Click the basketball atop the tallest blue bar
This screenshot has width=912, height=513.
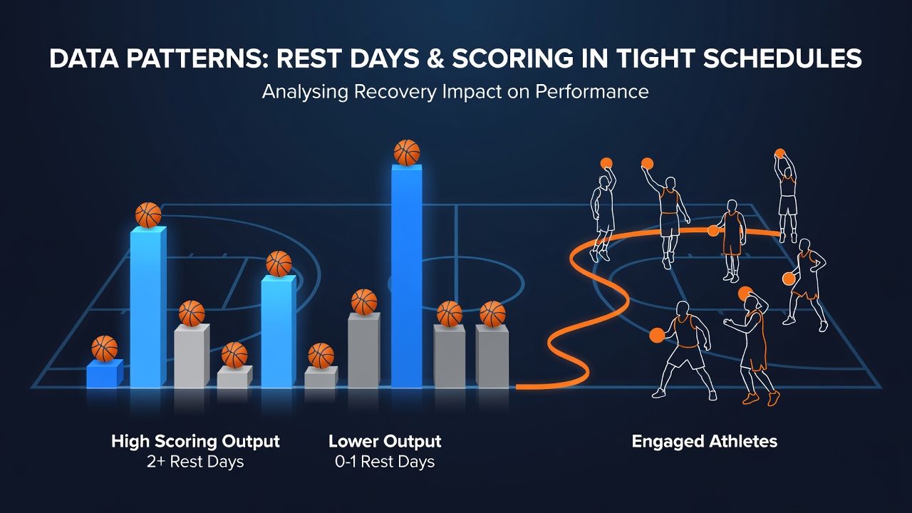[407, 152]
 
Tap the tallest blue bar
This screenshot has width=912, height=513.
[406, 276]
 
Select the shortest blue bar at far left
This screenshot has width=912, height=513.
[105, 373]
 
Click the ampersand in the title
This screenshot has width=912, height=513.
[435, 58]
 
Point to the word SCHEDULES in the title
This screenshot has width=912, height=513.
[782, 58]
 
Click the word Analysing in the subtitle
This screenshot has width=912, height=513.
[306, 92]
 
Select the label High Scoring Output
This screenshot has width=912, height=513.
[195, 441]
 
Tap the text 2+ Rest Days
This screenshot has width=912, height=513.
[195, 462]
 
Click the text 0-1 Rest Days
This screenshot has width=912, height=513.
[385, 462]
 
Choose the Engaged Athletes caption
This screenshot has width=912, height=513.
[705, 442]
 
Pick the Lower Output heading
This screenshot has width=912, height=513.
[385, 441]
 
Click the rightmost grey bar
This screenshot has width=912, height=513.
[492, 356]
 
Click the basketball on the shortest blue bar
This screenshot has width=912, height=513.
[105, 348]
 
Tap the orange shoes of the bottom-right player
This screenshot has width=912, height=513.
[762, 398]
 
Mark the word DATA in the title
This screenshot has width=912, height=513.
[84, 58]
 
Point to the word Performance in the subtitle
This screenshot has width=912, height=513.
[591, 92]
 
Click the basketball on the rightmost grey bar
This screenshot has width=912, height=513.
[492, 314]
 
